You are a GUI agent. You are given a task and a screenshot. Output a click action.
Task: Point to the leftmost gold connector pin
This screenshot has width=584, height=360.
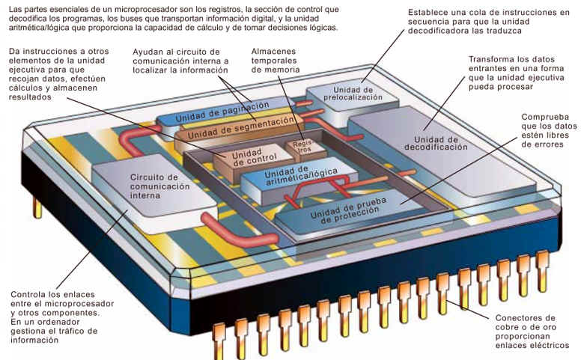(220, 337)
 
